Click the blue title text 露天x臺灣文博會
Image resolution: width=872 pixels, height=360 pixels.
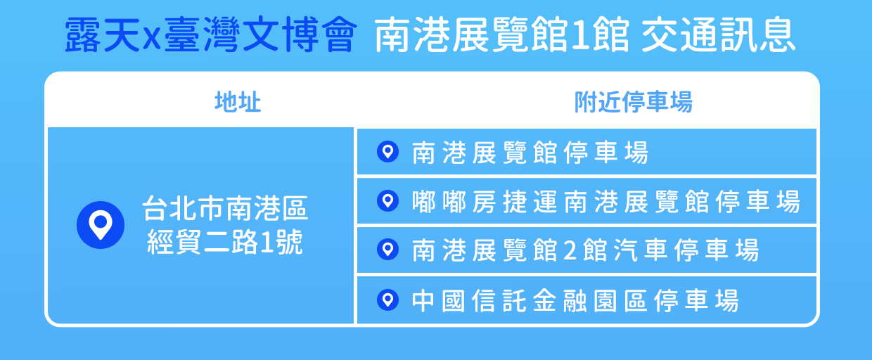click(210, 34)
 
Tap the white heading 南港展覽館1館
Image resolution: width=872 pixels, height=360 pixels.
click(502, 34)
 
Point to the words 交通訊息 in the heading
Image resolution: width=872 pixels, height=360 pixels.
click(718, 34)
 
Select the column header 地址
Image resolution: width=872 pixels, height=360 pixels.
click(238, 102)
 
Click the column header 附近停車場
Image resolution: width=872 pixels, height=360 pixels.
click(634, 102)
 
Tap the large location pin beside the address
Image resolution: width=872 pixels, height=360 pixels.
click(101, 225)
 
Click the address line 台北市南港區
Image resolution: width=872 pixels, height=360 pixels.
click(226, 208)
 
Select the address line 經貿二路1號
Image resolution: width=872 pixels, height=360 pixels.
click(225, 242)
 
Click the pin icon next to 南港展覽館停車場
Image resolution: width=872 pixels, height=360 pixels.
click(387, 151)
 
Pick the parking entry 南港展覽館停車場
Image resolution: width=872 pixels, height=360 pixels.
click(530, 152)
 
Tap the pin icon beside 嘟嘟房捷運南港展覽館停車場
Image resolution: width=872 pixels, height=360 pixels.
click(387, 201)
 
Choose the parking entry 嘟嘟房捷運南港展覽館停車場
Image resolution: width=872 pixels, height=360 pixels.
click(606, 202)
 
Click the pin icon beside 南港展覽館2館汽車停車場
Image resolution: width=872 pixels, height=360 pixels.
click(387, 250)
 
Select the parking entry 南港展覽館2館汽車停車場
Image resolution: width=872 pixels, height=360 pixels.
click(586, 250)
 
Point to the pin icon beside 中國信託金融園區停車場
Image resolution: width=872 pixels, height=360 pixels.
click(387, 300)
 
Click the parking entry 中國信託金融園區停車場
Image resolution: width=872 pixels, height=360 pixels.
click(575, 301)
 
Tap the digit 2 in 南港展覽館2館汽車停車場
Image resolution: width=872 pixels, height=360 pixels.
click(570, 250)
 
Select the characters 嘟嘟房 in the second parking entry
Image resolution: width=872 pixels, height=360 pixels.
click(454, 202)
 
